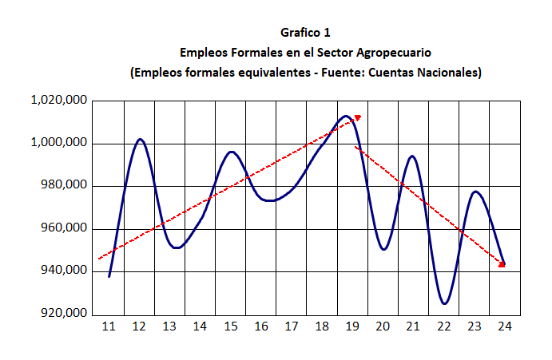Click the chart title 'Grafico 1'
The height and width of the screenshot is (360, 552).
305,33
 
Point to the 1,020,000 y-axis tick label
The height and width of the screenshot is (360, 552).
58,101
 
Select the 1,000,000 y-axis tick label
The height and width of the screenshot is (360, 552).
58,144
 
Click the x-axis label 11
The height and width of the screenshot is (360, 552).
109,326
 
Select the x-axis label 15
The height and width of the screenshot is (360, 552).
231,326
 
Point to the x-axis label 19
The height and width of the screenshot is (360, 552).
352,326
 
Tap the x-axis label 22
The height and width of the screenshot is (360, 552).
444,326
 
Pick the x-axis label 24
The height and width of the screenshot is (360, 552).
505,326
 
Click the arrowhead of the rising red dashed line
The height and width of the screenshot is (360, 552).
357,118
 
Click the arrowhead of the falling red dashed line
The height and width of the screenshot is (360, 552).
502,264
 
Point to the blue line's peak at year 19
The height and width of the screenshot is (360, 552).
346,117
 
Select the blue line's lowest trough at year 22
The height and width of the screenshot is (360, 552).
445,303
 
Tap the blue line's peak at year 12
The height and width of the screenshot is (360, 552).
140,140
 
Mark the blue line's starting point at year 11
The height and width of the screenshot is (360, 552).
109,276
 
